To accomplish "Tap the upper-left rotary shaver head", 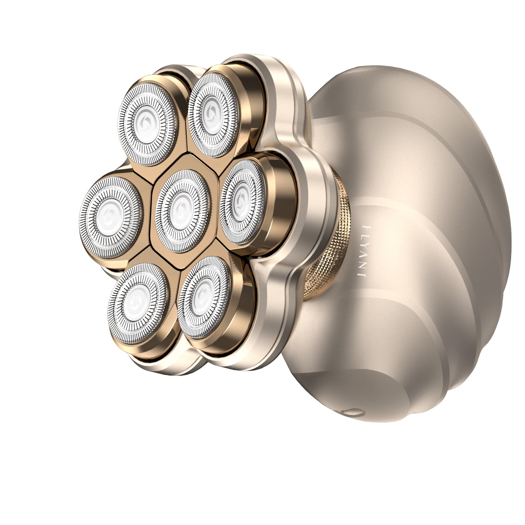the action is tap(148, 124).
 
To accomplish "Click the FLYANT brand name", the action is tap(363, 251).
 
